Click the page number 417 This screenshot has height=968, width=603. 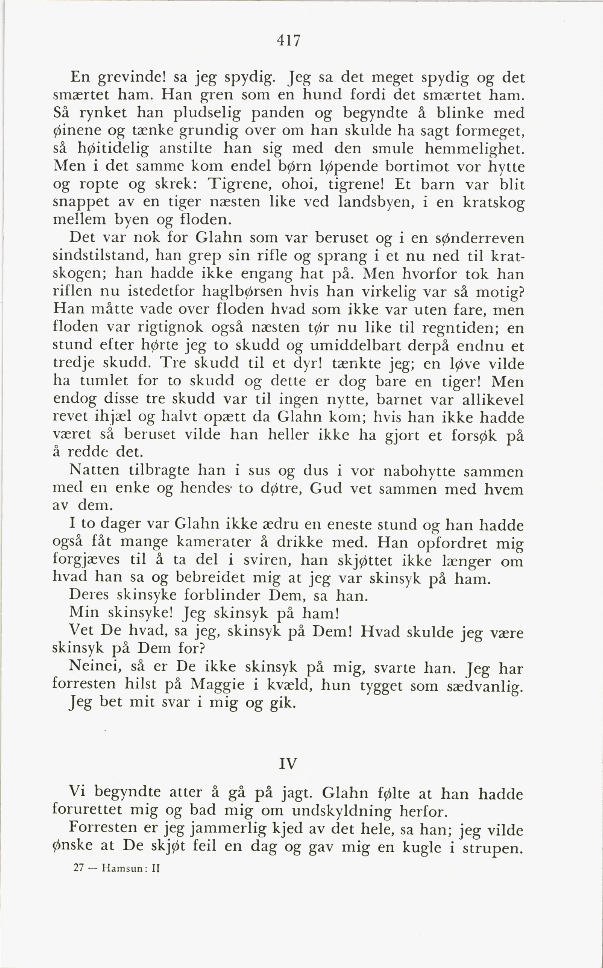(x=288, y=41)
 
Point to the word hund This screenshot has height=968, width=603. (x=322, y=95)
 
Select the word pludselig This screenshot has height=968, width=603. (x=207, y=114)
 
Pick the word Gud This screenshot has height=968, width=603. (x=325, y=489)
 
